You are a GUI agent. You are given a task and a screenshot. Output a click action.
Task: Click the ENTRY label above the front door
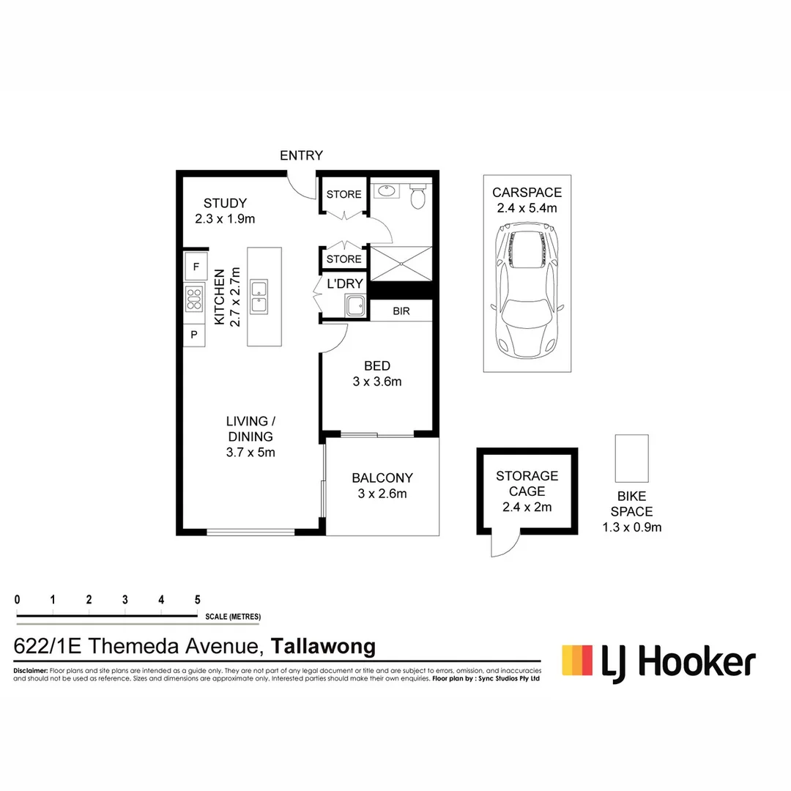point(301,155)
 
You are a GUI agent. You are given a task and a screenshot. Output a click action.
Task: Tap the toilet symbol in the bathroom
point(418,196)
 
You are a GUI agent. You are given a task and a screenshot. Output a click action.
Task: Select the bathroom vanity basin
point(385,193)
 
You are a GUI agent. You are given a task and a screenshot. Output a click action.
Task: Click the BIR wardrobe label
point(401,311)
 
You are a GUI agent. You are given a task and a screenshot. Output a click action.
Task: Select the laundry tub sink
point(355,307)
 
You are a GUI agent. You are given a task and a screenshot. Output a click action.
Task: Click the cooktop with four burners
point(194,300)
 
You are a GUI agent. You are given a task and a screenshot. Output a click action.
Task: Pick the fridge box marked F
point(195,267)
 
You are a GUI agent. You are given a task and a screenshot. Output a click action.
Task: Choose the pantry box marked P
point(194,334)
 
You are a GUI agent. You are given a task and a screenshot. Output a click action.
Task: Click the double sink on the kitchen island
point(259,297)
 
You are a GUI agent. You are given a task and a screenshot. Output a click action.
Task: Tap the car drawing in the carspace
point(527,291)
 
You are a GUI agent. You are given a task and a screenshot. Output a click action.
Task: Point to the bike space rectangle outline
point(631,458)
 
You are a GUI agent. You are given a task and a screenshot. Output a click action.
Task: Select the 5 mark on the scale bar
point(197,599)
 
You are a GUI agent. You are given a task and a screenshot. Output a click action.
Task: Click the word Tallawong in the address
point(323,647)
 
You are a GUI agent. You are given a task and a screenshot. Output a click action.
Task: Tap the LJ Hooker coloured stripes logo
point(576,660)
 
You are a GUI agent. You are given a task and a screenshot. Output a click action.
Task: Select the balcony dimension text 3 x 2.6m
point(382,494)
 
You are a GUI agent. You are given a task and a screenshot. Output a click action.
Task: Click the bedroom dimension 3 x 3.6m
point(377,381)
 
